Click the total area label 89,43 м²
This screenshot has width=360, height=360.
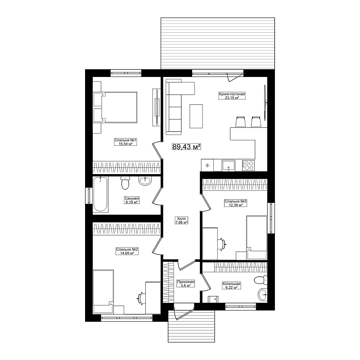pos(186,147)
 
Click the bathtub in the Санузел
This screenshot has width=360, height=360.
pos(100,194)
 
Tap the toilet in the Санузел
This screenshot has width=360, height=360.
pos(125,183)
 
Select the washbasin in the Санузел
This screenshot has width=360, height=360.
pos(145,181)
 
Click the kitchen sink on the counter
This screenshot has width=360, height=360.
pos(228,166)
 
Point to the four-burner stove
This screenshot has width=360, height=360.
pos(248,165)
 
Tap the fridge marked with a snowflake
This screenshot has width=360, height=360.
pos(207,165)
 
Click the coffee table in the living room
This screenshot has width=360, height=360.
pos(196,116)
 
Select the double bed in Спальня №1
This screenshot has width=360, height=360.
pos(115,107)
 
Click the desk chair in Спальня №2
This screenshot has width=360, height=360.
pos(141,298)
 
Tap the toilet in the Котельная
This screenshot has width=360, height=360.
pos(261,280)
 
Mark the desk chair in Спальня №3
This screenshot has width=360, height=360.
pos(222,243)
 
